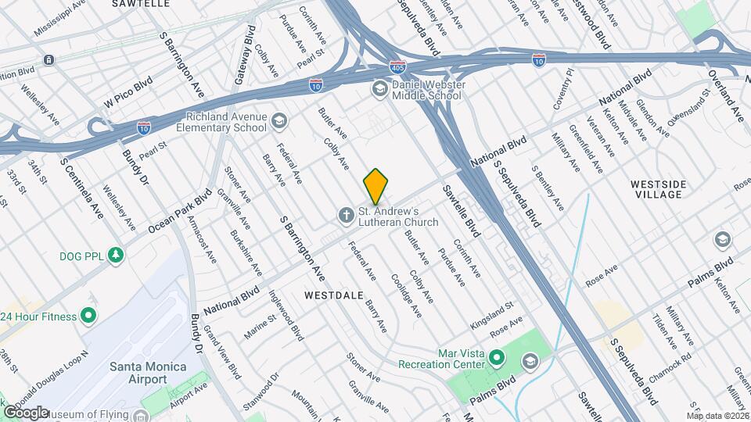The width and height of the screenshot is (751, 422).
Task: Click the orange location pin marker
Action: tap(375, 187)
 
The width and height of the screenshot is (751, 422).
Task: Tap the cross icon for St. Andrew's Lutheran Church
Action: tap(346, 214)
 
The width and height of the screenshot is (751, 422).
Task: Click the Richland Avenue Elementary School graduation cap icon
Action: tap(279, 120)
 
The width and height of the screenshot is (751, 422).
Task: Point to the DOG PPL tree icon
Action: tap(116, 256)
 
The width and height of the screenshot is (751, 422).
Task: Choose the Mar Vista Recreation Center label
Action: tap(441, 359)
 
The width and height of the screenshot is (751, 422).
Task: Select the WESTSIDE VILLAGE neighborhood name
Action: tap(659, 189)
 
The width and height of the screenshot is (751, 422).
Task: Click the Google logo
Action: tap(26, 412)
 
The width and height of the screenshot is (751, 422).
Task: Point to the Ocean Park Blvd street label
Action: tap(179, 212)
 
